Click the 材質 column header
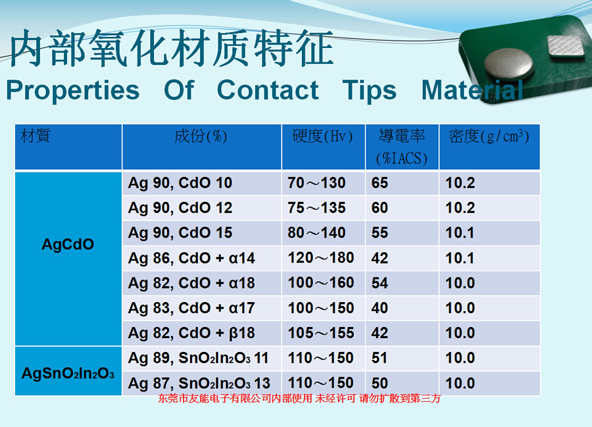point(36,136)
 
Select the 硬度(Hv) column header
point(322,136)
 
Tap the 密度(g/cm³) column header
point(489,136)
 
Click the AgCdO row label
point(68,244)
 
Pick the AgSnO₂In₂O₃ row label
point(68,374)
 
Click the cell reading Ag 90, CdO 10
point(180,183)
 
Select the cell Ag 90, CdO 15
point(180,233)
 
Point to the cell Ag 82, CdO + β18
point(191,334)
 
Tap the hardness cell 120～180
point(321,258)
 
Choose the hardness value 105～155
point(321,333)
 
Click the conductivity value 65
point(380,183)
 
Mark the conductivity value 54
point(380,283)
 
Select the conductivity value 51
point(380,358)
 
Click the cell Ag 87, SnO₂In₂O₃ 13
point(199,383)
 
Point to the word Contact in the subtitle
point(268,90)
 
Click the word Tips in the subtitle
point(369,91)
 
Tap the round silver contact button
point(508,65)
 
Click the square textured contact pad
point(566,46)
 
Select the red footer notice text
point(299,398)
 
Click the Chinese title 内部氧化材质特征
point(172,48)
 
